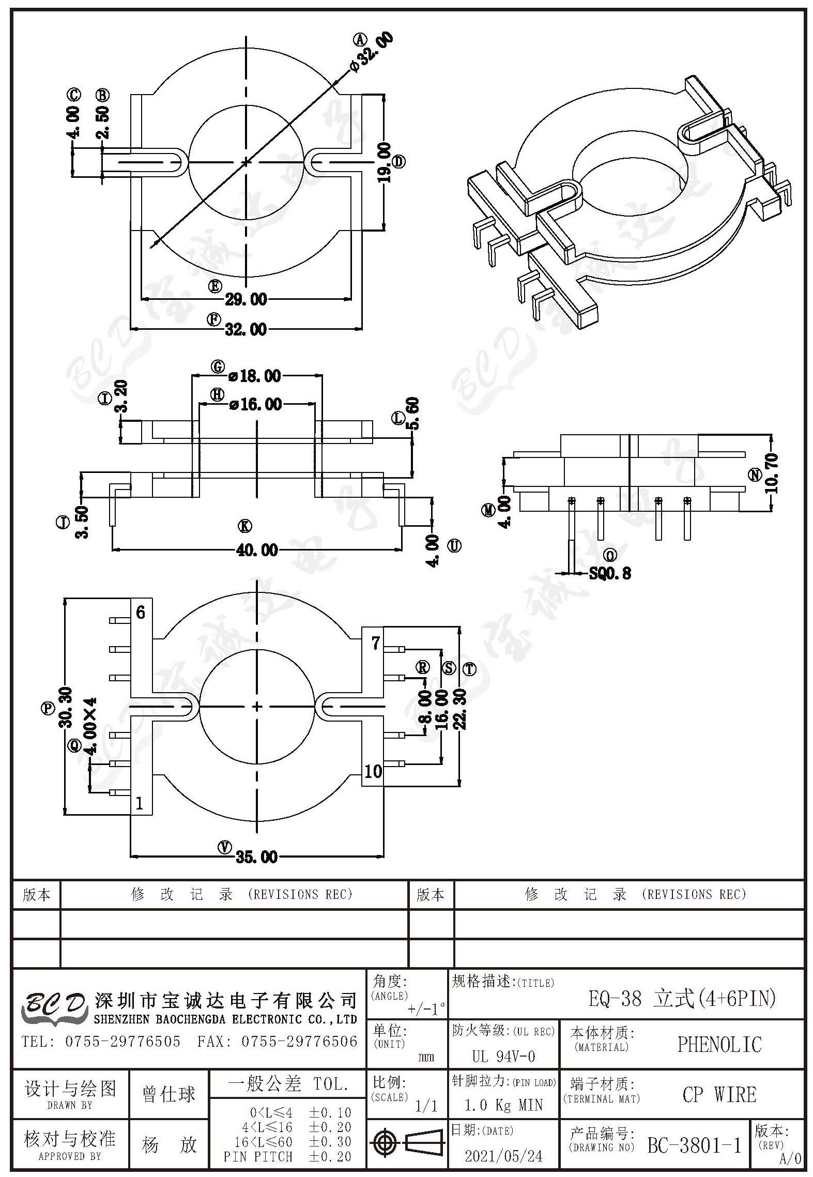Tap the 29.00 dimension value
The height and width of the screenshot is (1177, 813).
246,299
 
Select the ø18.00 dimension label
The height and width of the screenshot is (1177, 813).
255,376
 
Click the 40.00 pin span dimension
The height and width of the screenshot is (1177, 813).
257,550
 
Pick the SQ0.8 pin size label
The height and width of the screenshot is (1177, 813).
610,573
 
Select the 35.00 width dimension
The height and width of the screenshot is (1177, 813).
257,857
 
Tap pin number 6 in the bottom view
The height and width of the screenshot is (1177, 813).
141,613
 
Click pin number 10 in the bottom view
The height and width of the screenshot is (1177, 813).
373,772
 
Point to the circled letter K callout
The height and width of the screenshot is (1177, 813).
244,526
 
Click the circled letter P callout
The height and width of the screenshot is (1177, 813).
48,708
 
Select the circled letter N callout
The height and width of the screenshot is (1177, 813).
756,475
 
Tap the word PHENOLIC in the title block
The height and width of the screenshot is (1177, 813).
719,1045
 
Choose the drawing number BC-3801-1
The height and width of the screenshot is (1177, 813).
695,1145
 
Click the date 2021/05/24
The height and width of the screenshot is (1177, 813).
504,1156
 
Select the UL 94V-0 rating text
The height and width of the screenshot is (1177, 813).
503,1056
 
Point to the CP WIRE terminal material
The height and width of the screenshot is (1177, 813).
719,1095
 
